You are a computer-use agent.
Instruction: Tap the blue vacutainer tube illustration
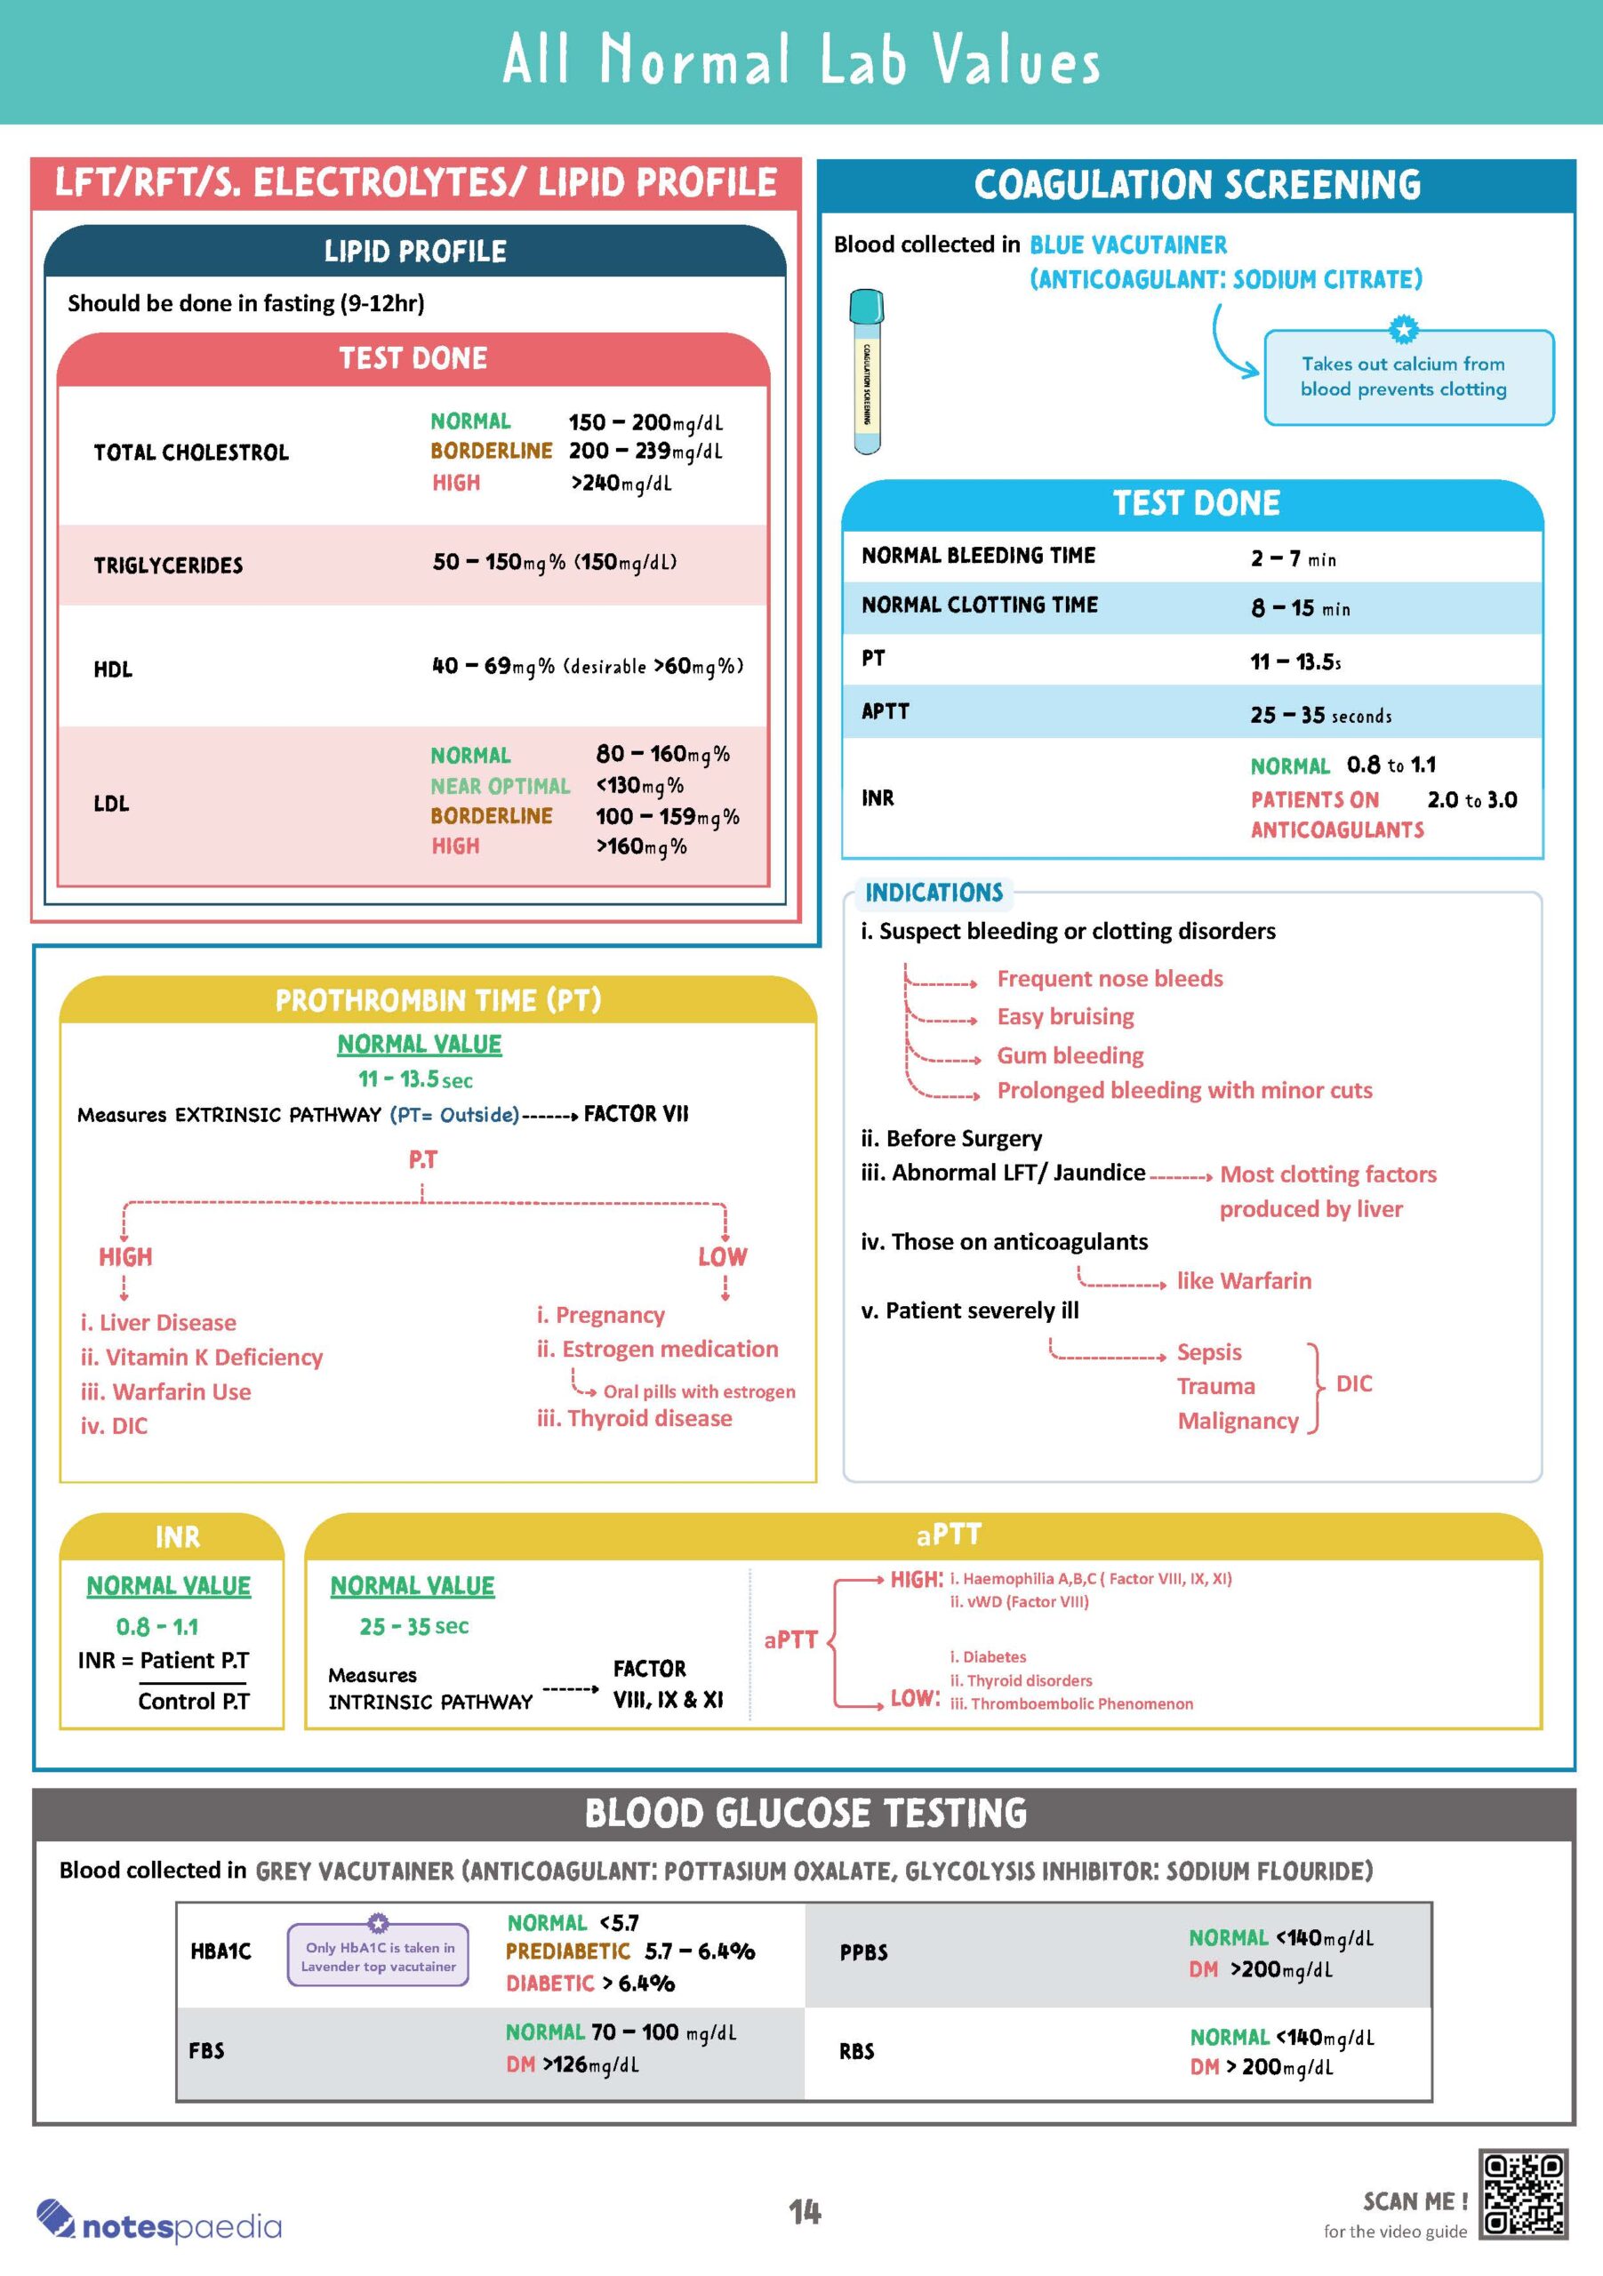(868, 371)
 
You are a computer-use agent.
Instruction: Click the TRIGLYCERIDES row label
(169, 565)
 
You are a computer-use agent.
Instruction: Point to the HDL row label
(113, 669)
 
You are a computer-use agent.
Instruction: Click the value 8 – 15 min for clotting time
(1300, 607)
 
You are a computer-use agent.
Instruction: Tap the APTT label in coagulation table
(886, 710)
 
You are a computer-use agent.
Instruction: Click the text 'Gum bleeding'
(1070, 1054)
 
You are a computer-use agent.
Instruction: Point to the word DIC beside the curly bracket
(1353, 1384)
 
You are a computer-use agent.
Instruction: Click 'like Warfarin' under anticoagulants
(1243, 1281)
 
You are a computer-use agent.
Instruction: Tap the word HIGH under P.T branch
(126, 1257)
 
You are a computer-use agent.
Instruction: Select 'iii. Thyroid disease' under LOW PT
(635, 1419)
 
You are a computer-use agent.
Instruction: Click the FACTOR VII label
(636, 1114)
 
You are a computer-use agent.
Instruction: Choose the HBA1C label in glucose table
(221, 1951)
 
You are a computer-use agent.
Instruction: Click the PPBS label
(863, 1951)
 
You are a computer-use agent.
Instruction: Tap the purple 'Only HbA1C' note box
(378, 1956)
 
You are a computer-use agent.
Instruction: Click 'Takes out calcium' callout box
(1407, 377)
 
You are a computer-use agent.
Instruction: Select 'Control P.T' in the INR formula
(193, 1701)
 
